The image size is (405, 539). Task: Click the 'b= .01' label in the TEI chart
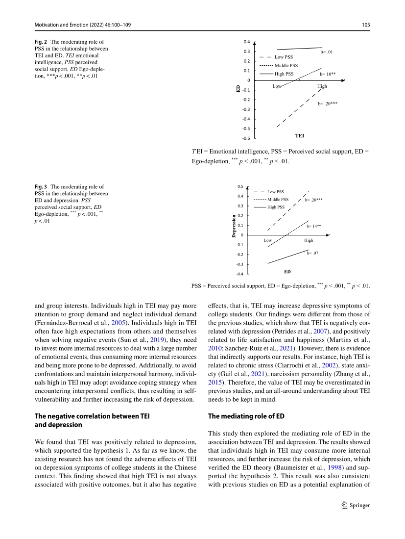pos(327,51)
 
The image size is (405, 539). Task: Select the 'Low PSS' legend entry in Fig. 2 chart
pos(284,57)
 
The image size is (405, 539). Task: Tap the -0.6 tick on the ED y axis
pos(246,138)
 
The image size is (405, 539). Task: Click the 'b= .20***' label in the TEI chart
pos(328,103)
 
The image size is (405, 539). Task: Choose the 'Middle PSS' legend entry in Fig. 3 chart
pos(278,200)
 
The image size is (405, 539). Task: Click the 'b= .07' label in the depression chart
pos(313,253)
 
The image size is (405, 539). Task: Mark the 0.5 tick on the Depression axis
pos(240,187)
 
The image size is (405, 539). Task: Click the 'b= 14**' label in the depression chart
pos(314,226)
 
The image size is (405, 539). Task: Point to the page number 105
pos(365,24)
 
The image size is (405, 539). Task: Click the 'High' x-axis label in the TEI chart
pos(322,86)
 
